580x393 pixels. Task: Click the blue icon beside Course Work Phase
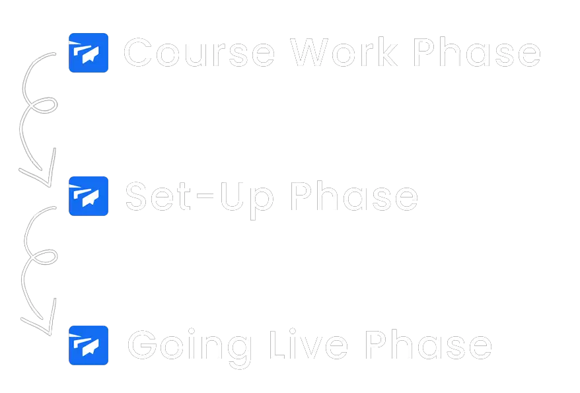point(89,53)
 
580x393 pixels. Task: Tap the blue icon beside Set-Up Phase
point(89,196)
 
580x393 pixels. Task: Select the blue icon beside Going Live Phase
point(89,345)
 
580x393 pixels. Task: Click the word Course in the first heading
point(199,53)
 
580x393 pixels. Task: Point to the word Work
point(344,52)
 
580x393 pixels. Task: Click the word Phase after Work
point(477,52)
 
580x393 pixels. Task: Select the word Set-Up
point(199,200)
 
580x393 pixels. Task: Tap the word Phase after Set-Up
point(354,196)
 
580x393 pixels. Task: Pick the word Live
point(309,344)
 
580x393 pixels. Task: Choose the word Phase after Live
point(429,344)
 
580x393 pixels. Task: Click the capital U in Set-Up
point(232,196)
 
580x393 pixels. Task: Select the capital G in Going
point(143,344)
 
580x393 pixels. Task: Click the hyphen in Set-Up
point(205,197)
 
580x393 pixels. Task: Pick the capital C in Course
point(138,53)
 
